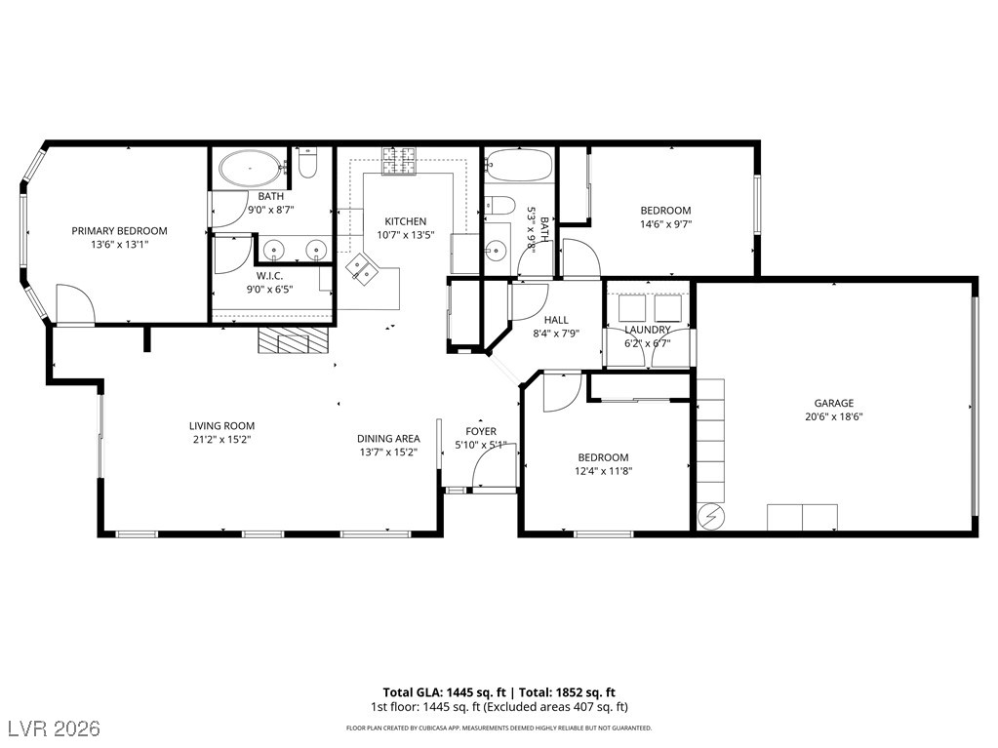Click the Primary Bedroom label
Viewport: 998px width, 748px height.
click(x=119, y=231)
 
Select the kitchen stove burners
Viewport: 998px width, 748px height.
click(x=398, y=160)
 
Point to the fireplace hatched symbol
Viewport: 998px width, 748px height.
click(x=293, y=340)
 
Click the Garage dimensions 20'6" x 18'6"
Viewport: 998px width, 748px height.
click(x=834, y=416)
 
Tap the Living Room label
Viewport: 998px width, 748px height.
click(x=221, y=425)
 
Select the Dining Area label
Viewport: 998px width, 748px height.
click(x=388, y=438)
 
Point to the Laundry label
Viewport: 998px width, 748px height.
click(x=648, y=330)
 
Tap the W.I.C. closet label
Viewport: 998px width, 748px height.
click(x=270, y=275)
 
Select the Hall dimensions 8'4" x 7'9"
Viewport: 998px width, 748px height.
click(x=556, y=334)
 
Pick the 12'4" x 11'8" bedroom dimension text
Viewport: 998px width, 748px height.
click(x=603, y=471)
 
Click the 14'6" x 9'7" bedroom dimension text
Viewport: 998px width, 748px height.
click(x=665, y=224)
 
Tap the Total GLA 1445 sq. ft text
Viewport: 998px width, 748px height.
click(x=444, y=692)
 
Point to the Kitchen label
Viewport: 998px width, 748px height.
click(x=406, y=221)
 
